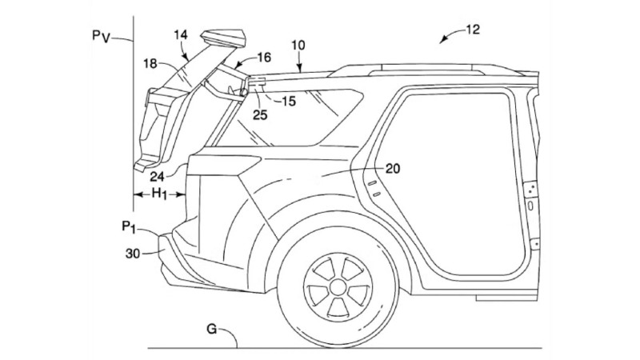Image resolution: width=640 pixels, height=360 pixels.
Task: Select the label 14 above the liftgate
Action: (182, 35)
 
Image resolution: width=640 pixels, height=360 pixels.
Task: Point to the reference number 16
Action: (263, 57)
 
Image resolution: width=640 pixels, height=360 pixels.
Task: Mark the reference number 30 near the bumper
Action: (132, 251)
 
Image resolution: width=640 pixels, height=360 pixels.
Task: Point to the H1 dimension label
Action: (160, 194)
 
